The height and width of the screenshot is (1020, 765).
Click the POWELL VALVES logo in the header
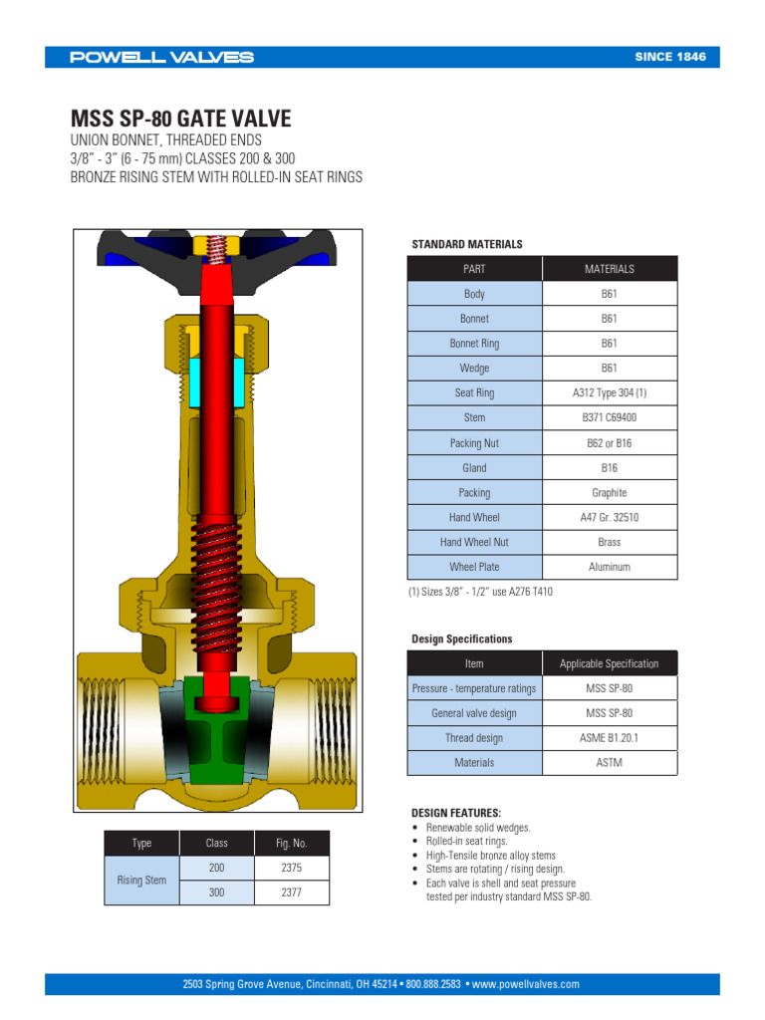tap(161, 57)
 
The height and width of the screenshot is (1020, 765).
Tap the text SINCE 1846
tap(669, 57)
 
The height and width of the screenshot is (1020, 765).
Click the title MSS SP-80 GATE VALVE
tap(180, 120)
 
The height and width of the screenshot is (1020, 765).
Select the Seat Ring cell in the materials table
tap(474, 393)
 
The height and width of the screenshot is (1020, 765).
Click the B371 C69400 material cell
tap(609, 418)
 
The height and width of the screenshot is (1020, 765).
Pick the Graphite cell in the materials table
tap(609, 493)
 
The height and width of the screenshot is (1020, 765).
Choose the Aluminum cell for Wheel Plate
tap(609, 567)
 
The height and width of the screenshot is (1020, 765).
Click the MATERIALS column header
tap(609, 269)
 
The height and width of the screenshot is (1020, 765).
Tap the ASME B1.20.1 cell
tap(609, 738)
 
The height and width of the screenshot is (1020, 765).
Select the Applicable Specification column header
tap(609, 663)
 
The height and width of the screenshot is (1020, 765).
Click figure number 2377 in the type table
tap(291, 893)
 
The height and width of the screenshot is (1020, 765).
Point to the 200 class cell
tap(216, 868)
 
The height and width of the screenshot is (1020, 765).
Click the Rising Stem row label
tap(141, 881)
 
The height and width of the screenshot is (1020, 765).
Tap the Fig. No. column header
tap(291, 843)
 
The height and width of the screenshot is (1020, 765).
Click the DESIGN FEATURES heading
tap(456, 813)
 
